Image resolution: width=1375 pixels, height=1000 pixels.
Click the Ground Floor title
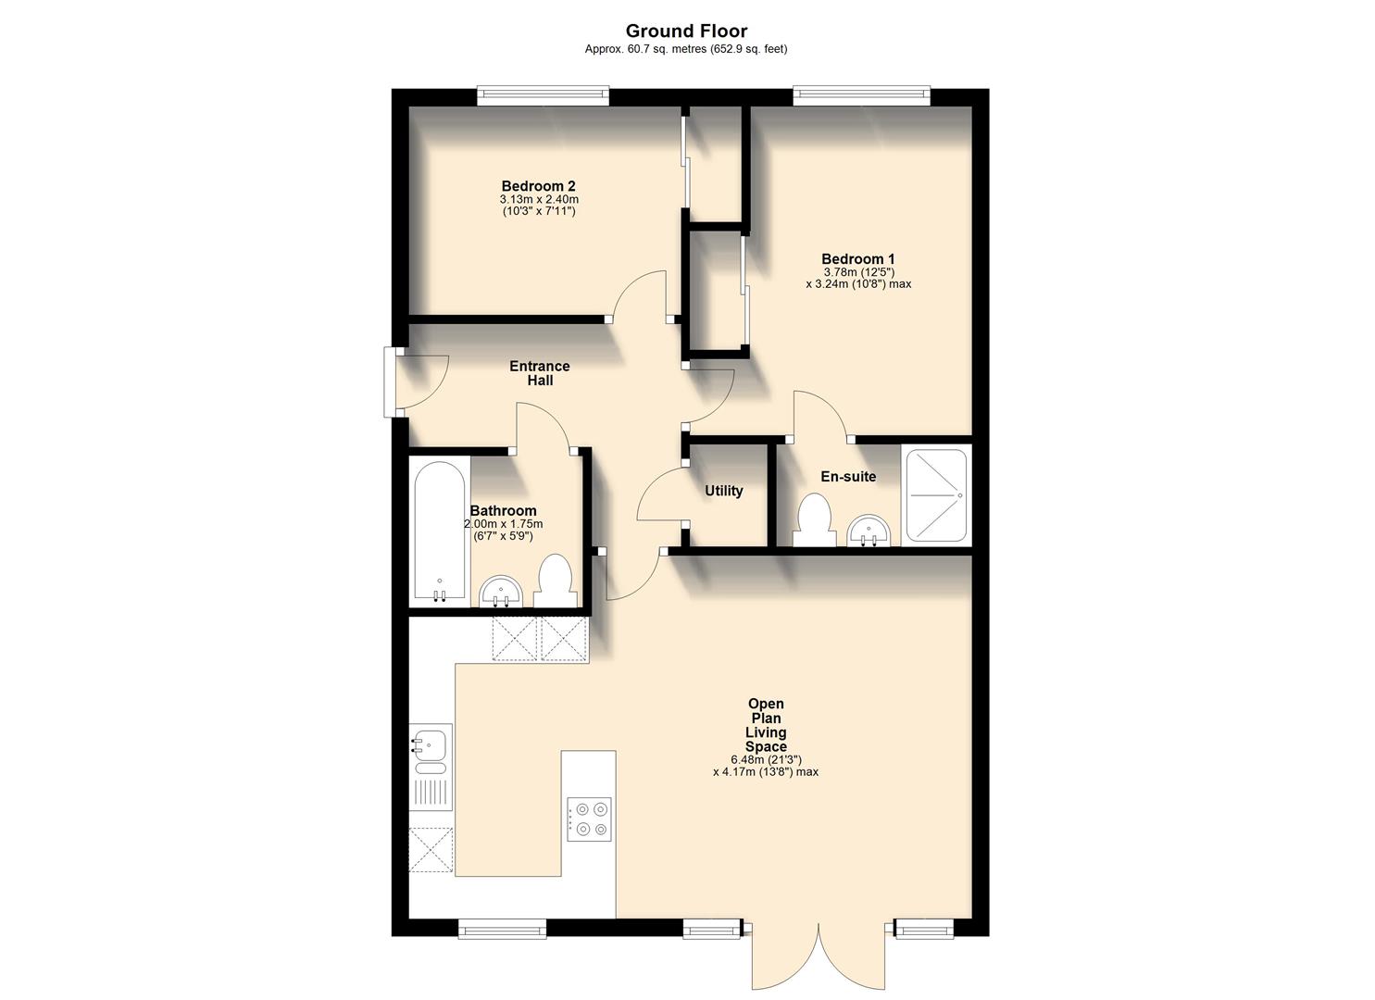686,31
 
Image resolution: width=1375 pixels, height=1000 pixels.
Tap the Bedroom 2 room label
539,186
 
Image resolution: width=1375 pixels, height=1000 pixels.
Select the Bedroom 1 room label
858,259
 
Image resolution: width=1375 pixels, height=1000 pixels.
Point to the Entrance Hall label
540,373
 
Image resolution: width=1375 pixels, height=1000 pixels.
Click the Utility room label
723,491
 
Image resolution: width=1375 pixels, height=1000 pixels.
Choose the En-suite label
848,477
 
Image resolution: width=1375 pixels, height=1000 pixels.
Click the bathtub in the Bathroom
440,531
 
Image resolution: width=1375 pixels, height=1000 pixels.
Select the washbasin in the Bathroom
502,592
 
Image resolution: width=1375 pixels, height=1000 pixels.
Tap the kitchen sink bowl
431,743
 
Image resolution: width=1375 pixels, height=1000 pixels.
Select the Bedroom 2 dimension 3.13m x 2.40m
539,199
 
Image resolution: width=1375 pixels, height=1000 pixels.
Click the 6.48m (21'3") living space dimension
766,760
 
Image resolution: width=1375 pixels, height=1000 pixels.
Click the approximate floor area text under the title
686,49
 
